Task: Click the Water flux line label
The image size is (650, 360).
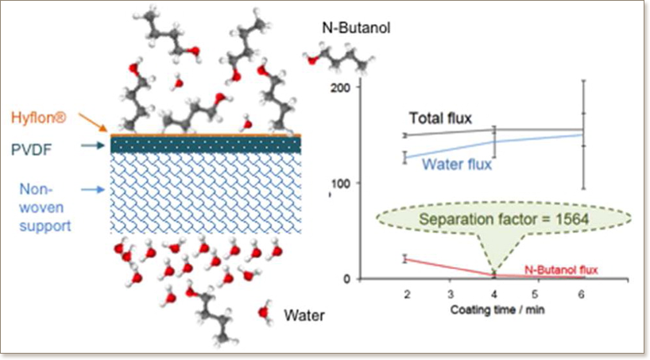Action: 456,165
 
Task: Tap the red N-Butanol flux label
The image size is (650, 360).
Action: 561,269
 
